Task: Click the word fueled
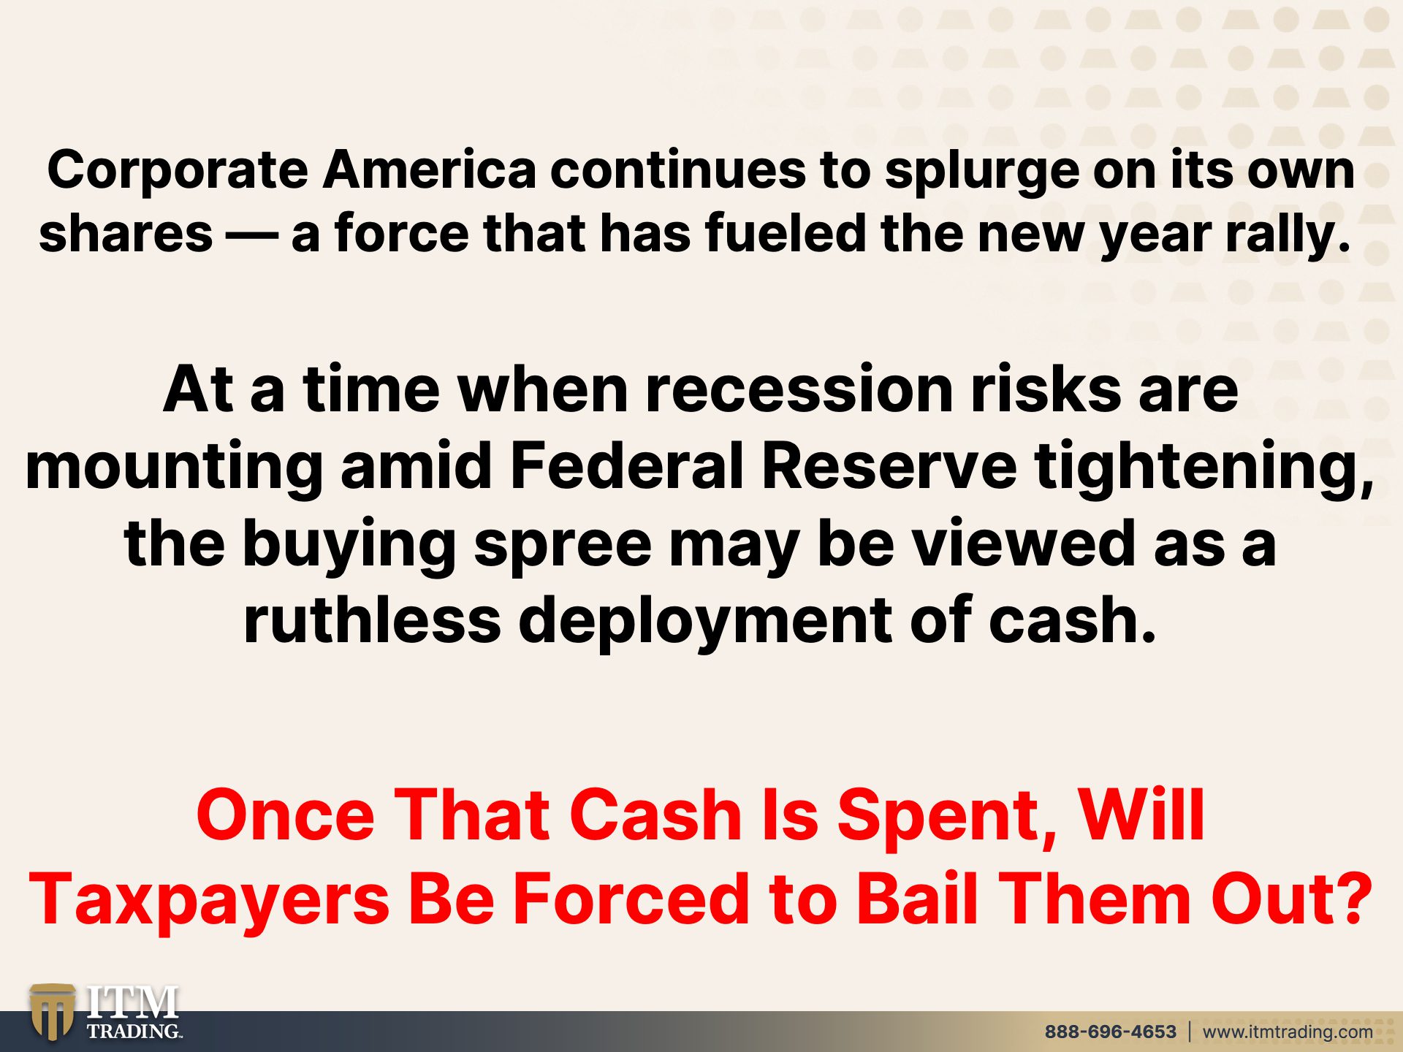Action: click(785, 233)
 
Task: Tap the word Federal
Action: click(626, 465)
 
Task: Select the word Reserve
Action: click(889, 466)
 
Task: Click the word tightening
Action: click(1204, 469)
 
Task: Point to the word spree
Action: click(563, 546)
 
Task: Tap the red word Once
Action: click(285, 815)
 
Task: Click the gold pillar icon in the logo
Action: click(52, 1012)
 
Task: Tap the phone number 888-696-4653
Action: click(1110, 1032)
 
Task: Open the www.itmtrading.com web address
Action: click(1288, 1032)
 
